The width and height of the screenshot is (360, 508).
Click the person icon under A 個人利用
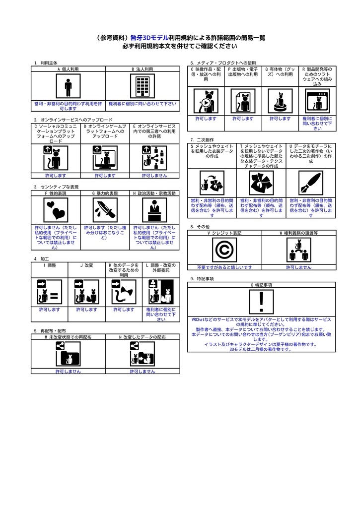coord(68,87)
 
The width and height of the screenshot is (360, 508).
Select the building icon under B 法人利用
coord(143,87)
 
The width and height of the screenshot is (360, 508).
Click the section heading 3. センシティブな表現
coord(57,187)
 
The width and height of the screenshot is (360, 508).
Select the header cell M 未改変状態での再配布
coord(68,337)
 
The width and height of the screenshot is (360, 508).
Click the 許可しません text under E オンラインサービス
coord(154,176)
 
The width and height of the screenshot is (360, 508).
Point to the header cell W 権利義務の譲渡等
coord(298,233)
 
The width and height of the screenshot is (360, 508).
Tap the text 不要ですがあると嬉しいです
coord(224,267)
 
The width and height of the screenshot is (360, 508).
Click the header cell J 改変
coord(86,265)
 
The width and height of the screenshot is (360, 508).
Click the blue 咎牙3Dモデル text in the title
coord(149,37)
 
